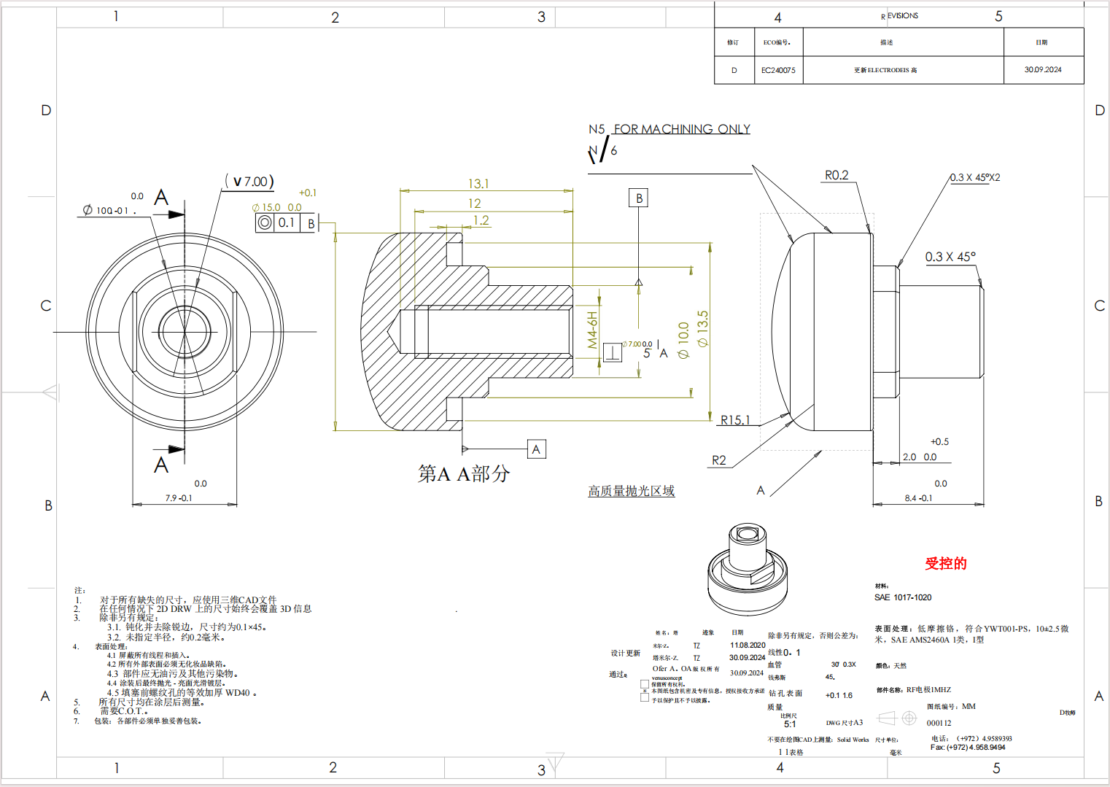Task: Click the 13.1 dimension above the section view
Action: click(478, 184)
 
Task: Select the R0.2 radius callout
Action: click(837, 175)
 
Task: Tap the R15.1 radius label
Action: click(734, 420)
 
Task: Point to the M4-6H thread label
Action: click(592, 330)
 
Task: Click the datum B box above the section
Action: click(639, 198)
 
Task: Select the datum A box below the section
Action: click(536, 449)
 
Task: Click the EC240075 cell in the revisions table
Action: click(778, 70)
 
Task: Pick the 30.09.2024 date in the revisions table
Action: click(1043, 70)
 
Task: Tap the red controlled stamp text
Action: click(946, 563)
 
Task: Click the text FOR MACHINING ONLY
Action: click(681, 129)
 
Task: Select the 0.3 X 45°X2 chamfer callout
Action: click(975, 177)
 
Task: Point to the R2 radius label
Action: click(719, 460)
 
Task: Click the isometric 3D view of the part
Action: click(748, 569)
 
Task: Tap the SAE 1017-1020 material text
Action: click(903, 597)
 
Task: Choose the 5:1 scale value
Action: click(790, 724)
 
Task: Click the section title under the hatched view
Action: click(464, 474)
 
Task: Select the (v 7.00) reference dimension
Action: click(250, 182)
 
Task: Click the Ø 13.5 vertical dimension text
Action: click(702, 328)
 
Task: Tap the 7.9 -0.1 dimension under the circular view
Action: click(179, 498)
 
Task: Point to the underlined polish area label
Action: click(632, 491)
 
